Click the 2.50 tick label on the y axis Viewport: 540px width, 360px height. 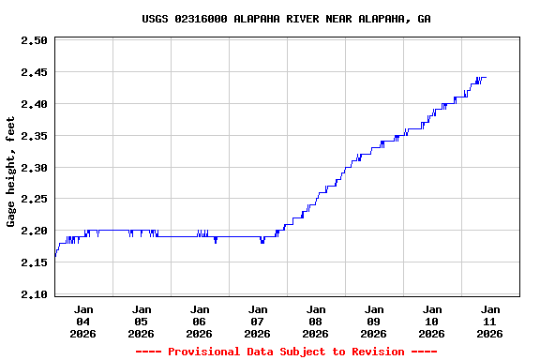point(34,41)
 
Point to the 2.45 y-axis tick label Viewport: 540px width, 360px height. point(34,72)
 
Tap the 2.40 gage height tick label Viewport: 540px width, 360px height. point(34,104)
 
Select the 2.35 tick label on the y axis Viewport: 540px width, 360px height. point(34,136)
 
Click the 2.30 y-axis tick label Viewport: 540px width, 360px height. point(34,168)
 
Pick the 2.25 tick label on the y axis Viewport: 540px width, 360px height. point(34,200)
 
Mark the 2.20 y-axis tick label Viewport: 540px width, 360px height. point(34,231)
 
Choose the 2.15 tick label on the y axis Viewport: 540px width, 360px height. point(34,262)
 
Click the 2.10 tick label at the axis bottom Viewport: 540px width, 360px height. point(34,294)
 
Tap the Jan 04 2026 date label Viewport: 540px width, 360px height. point(83,321)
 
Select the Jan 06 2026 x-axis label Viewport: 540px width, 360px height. point(200,321)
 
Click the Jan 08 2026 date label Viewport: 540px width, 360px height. point(316,321)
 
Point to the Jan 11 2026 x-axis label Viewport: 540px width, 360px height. point(490,321)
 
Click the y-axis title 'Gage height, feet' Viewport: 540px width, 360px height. point(11,172)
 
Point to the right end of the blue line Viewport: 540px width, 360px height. point(486,78)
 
